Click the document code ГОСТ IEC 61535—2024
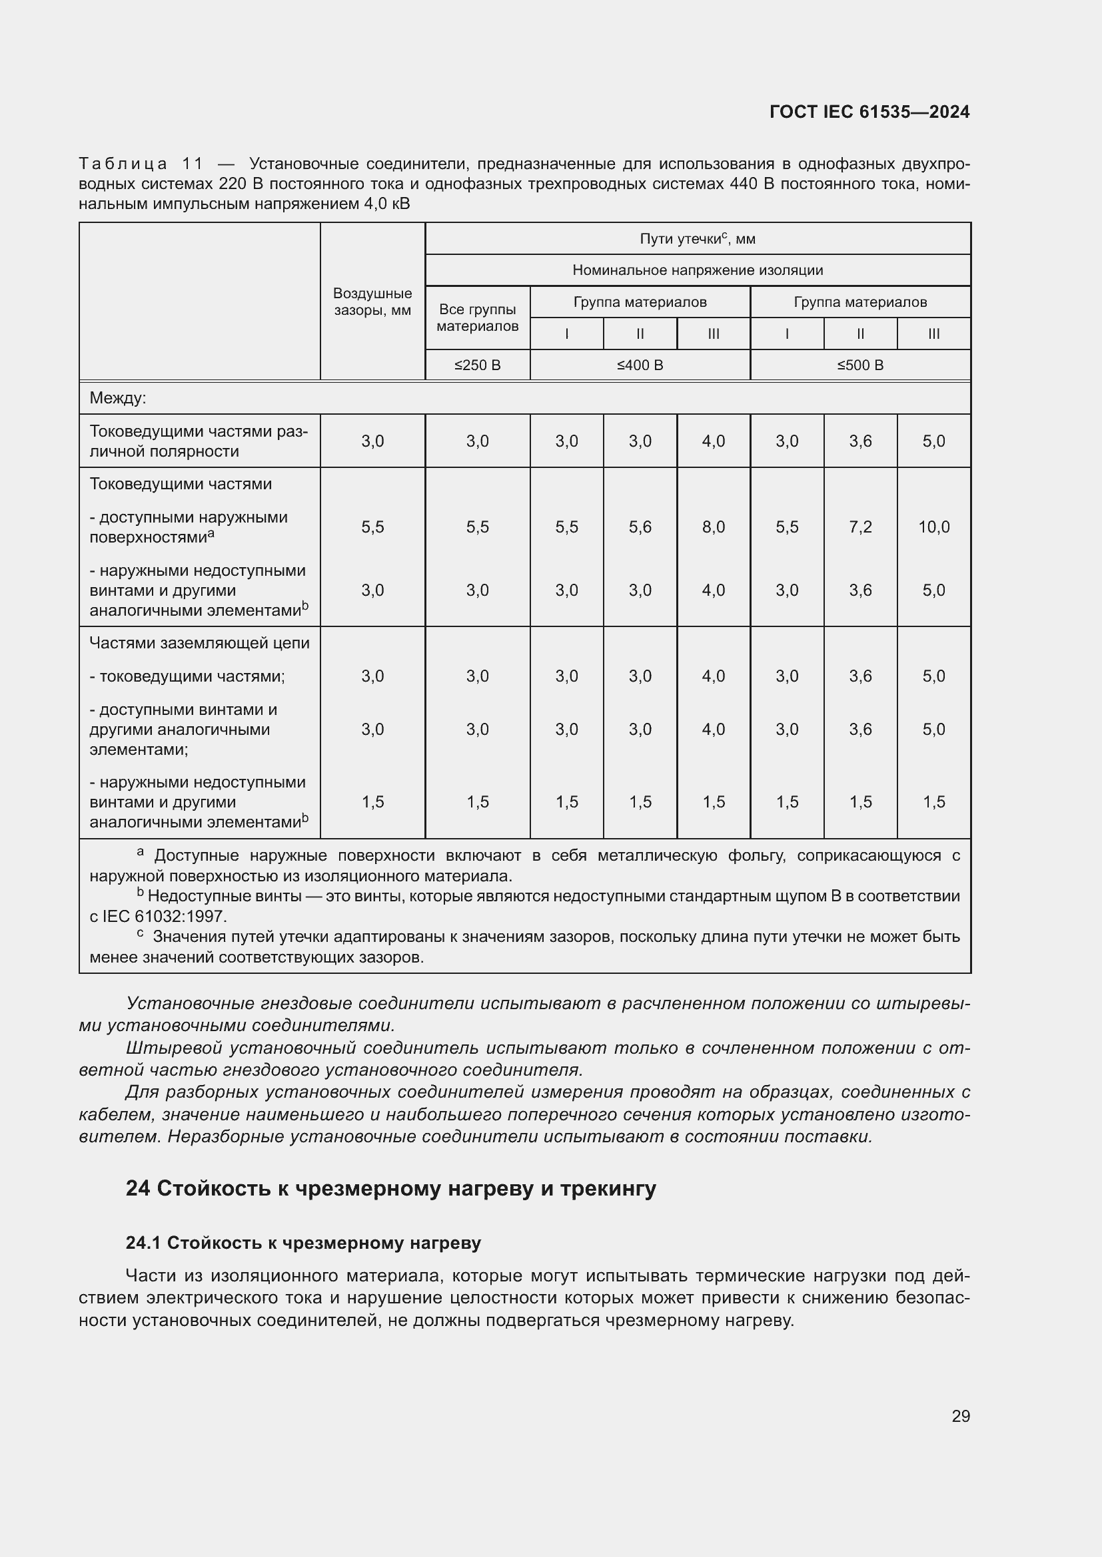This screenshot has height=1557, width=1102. (869, 112)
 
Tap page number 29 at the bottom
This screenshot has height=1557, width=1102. (960, 1416)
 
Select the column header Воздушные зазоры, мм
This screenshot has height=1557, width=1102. (372, 302)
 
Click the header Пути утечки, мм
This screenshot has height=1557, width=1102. (697, 239)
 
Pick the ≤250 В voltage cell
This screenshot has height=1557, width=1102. (477, 365)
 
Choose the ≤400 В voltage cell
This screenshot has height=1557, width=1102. (640, 365)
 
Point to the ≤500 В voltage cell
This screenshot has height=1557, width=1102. (859, 365)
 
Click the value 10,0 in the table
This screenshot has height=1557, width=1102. (933, 527)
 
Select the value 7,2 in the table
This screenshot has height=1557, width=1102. (859, 527)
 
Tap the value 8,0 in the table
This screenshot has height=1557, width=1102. (713, 527)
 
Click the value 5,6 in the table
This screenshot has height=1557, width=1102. (640, 527)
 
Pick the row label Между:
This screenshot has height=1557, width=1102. (118, 398)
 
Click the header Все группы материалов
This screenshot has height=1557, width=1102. (477, 318)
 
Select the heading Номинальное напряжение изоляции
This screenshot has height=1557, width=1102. (697, 270)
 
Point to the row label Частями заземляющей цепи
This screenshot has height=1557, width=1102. (199, 643)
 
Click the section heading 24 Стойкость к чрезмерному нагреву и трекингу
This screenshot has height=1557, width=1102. (391, 1188)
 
